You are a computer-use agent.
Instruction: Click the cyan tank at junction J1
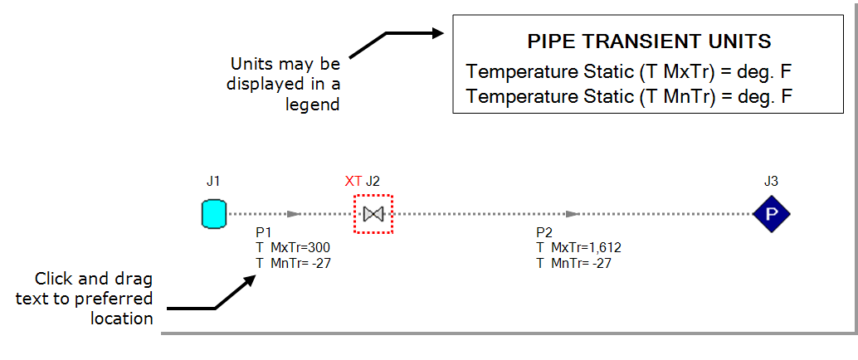click(214, 214)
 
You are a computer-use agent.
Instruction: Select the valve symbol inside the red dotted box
click(373, 214)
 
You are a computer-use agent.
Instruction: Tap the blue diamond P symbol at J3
click(772, 214)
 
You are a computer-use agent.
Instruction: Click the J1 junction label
click(214, 179)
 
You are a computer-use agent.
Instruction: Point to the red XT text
click(353, 180)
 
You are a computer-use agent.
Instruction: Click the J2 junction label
click(374, 180)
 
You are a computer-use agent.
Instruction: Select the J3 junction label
click(772, 179)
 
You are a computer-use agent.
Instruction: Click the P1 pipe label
click(264, 233)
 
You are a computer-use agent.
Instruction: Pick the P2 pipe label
click(544, 233)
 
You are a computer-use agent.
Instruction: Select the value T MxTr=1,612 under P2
click(578, 247)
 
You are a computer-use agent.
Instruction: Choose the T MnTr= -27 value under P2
click(573, 262)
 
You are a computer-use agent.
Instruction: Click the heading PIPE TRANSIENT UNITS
click(650, 41)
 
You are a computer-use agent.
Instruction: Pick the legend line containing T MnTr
click(630, 96)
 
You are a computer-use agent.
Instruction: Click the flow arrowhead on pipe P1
click(293, 214)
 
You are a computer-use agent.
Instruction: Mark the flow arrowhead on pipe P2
click(572, 214)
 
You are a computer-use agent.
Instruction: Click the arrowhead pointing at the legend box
click(439, 34)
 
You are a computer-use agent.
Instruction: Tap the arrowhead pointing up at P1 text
click(252, 279)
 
